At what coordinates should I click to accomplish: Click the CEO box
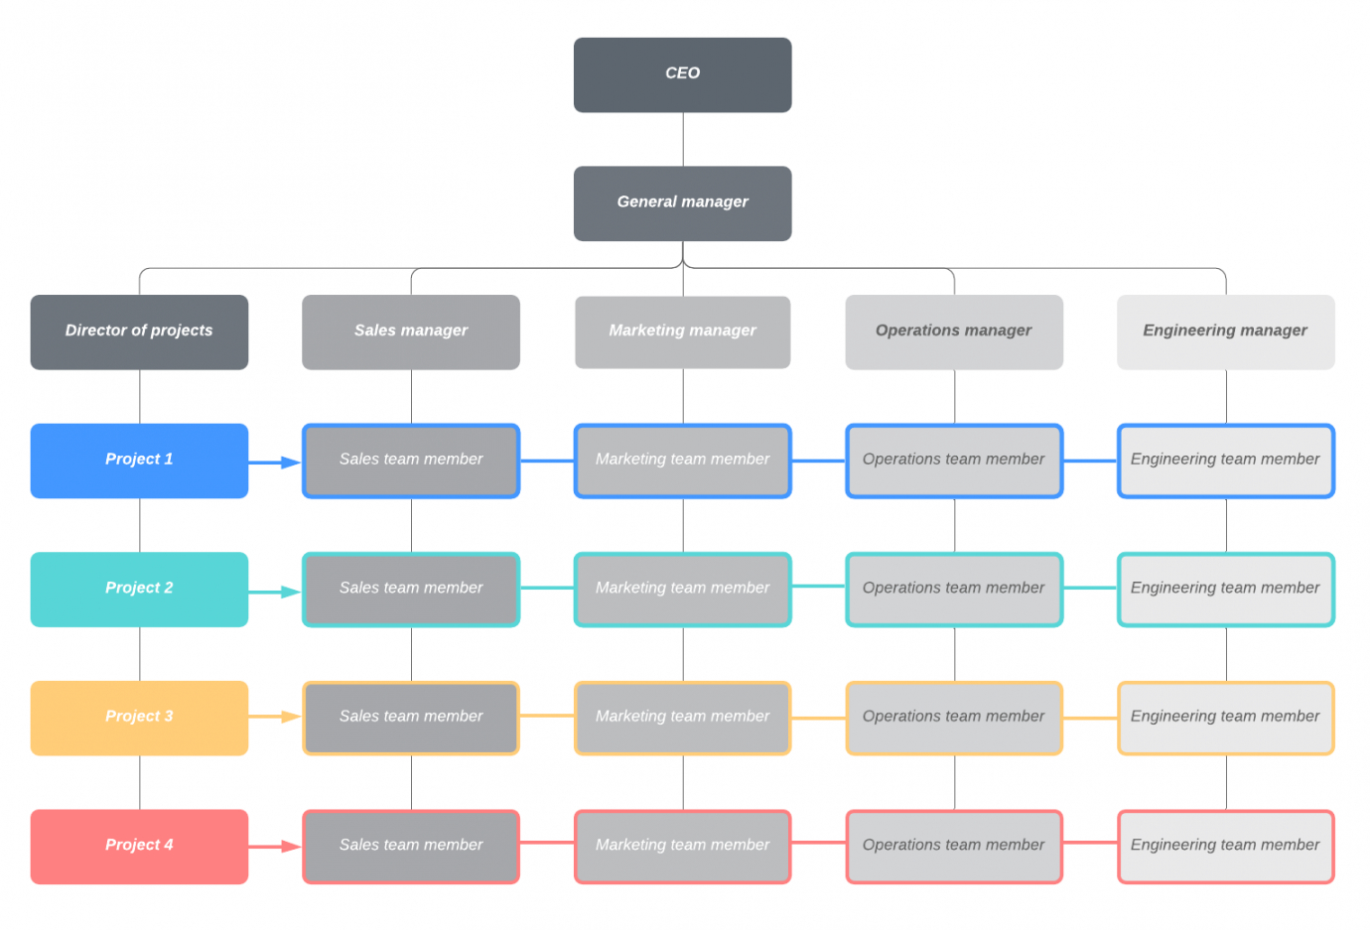(x=683, y=74)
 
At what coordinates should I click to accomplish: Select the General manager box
(x=683, y=203)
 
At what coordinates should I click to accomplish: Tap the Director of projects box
(x=139, y=332)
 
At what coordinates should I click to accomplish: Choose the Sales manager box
(x=411, y=332)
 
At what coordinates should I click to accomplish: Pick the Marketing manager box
(x=683, y=332)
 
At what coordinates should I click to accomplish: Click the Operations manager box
(x=954, y=332)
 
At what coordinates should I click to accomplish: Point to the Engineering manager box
(x=1226, y=332)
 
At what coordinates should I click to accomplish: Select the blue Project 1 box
(x=139, y=461)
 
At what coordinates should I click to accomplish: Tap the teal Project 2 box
(x=139, y=590)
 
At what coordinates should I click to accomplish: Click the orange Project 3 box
(x=139, y=718)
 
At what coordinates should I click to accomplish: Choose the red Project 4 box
(x=139, y=847)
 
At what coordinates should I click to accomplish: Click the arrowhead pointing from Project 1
(x=291, y=463)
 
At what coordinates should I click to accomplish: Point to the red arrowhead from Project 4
(x=291, y=847)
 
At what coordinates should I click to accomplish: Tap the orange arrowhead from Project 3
(x=291, y=717)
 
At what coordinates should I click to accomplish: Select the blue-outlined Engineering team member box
(x=1226, y=461)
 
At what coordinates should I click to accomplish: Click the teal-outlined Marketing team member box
(x=683, y=590)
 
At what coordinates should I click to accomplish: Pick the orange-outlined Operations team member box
(x=954, y=718)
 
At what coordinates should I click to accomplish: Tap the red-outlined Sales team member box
(x=411, y=847)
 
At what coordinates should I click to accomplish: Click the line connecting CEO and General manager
(x=683, y=139)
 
